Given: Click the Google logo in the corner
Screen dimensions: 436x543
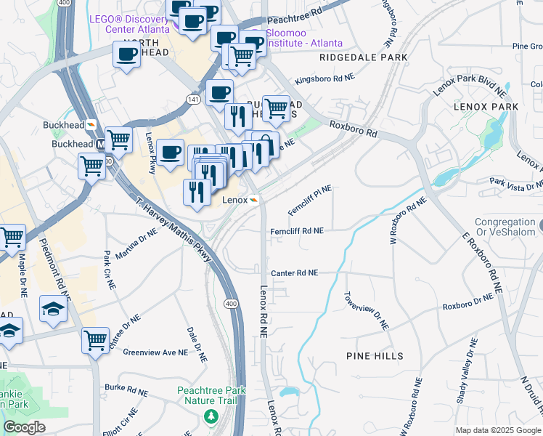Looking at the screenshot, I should coord(24,427).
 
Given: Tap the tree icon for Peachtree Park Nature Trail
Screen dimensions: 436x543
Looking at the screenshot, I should coord(211,416).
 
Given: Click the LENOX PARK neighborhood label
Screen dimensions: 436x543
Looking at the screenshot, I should coord(486,107).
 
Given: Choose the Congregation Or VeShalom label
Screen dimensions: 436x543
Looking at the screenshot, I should coord(505,227).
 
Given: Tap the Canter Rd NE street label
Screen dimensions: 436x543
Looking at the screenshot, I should coord(295,273).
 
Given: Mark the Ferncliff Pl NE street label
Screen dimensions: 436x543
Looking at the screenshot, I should coord(310,195).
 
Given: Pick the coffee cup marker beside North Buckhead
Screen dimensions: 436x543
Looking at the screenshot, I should coord(126,55).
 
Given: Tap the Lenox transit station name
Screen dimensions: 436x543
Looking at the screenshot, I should coord(234,200).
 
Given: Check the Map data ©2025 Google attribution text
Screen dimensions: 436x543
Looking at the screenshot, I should coord(498,430).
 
